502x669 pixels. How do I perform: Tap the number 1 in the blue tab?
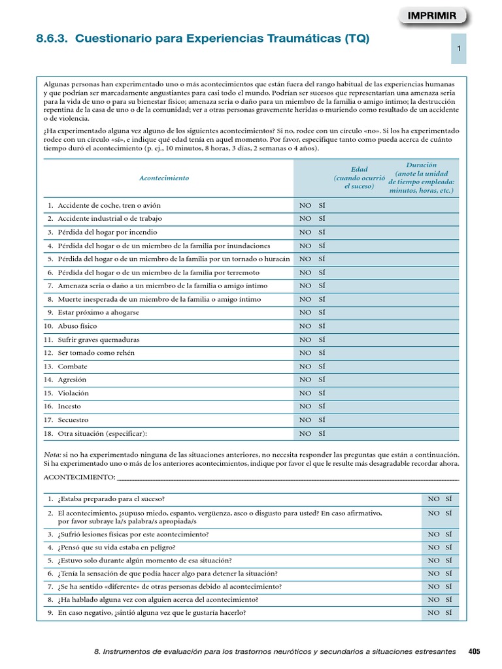[460, 49]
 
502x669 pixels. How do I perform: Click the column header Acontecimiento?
[164, 178]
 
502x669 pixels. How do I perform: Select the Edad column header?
[359, 178]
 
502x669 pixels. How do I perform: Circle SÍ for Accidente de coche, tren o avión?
[322, 205]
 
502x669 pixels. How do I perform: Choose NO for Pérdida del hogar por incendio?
[305, 232]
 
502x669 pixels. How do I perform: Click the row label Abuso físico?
[77, 326]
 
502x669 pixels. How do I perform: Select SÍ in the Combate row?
[322, 367]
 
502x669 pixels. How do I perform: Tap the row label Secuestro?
[73, 420]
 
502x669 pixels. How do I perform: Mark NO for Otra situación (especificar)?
[305, 433]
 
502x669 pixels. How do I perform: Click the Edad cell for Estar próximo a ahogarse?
[359, 312]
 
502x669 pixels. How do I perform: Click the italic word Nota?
[52, 454]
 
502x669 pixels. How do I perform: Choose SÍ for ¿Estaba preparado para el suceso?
[448, 499]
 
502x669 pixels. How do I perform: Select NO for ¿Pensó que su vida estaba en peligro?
[433, 547]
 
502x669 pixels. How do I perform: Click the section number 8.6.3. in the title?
[53, 39]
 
